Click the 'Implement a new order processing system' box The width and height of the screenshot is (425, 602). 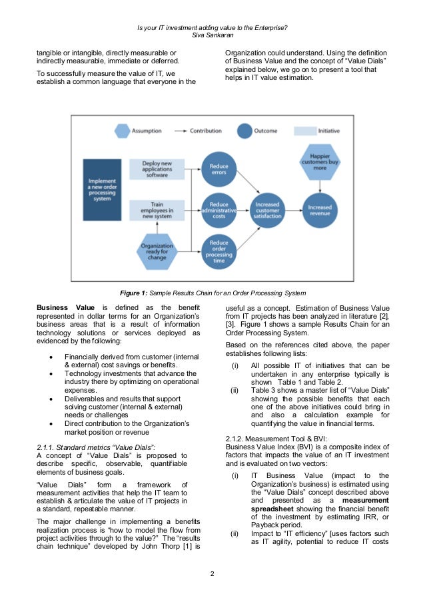pyautogui.click(x=102, y=189)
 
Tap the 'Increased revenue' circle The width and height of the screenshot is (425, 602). pyautogui.click(x=320, y=209)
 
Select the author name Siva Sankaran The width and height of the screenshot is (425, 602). pyautogui.click(x=212, y=35)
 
